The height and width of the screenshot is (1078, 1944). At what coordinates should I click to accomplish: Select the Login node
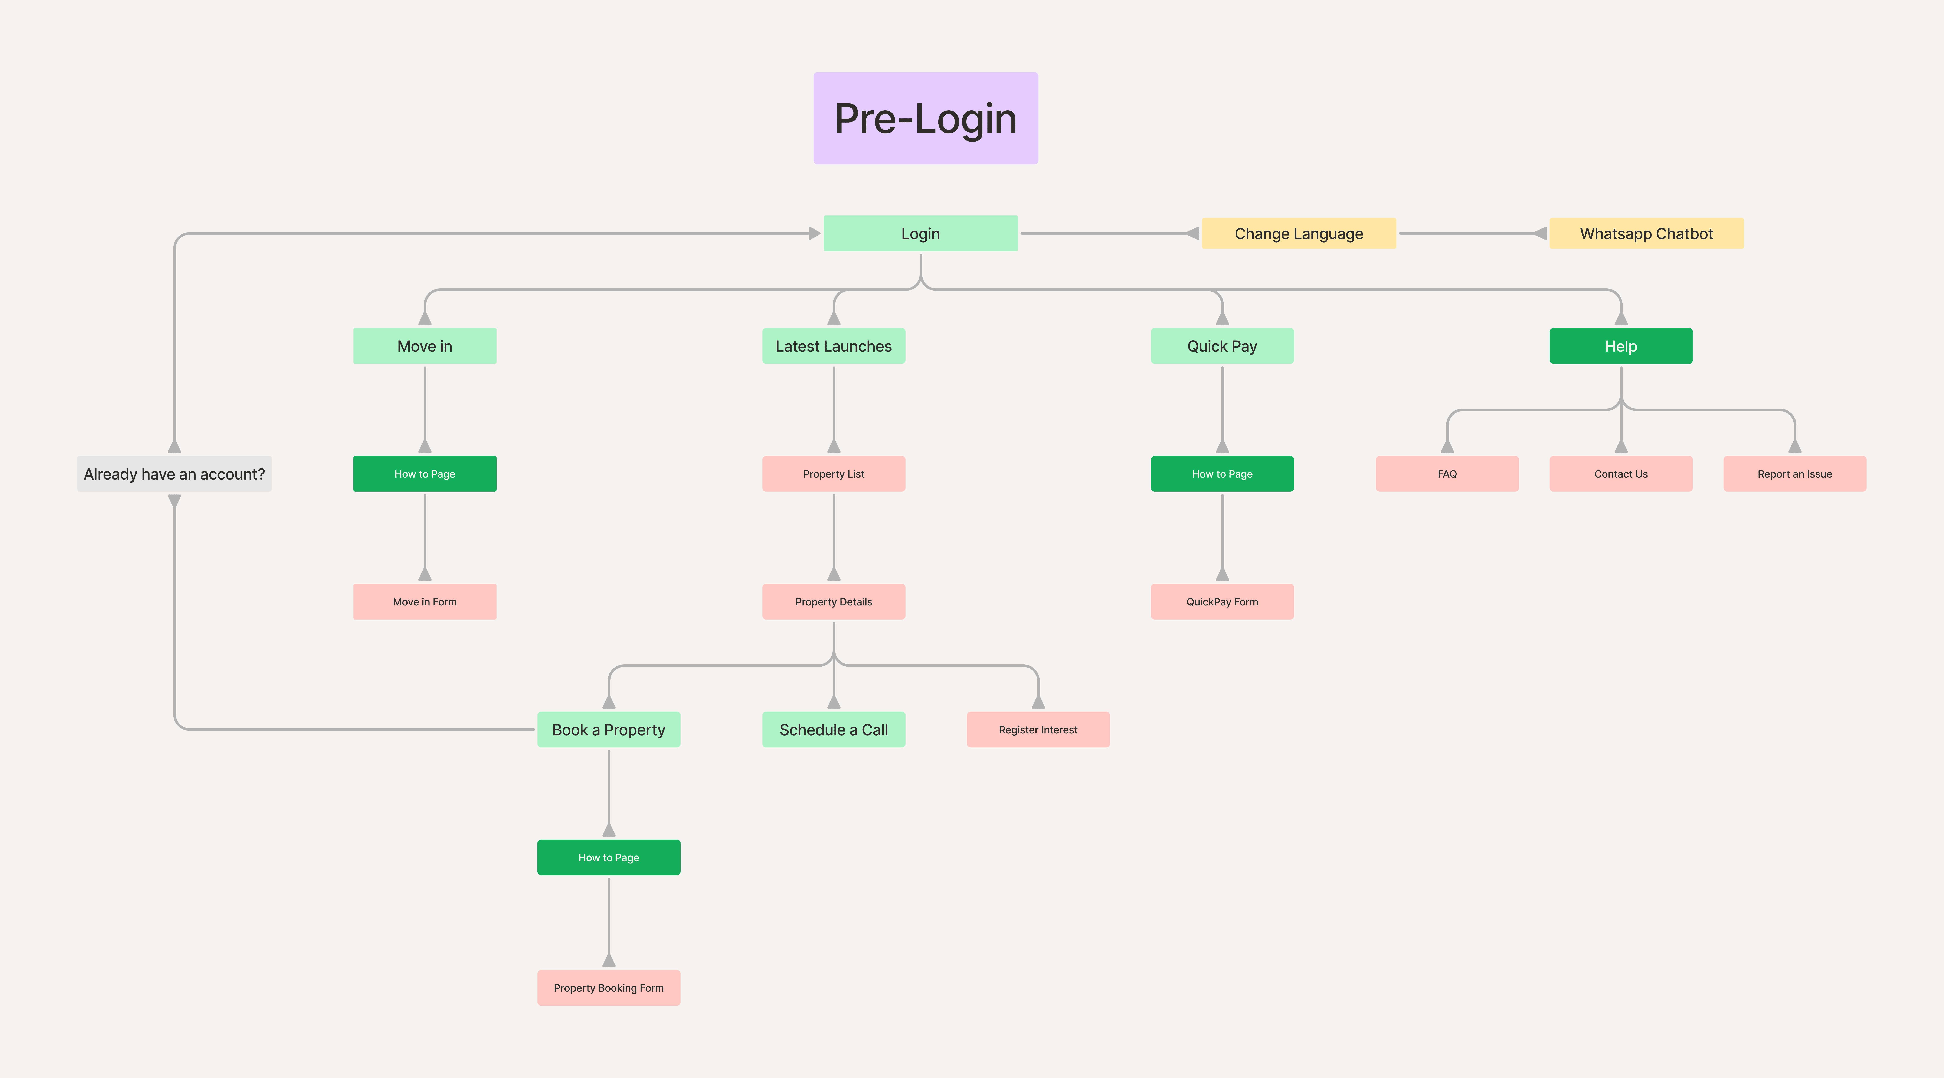click(921, 233)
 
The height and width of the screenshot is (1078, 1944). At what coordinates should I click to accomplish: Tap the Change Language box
click(1299, 233)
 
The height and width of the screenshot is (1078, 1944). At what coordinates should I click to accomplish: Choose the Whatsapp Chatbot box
click(1647, 233)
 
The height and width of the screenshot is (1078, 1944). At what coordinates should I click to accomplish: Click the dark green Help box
click(1621, 346)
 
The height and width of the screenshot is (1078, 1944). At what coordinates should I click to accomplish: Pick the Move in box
click(425, 346)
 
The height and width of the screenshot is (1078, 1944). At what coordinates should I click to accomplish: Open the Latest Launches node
click(834, 346)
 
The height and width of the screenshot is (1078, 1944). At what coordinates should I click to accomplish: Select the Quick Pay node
click(1223, 346)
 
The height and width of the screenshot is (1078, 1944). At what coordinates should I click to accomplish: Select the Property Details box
click(834, 602)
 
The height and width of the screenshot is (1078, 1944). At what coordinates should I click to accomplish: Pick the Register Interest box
click(1038, 729)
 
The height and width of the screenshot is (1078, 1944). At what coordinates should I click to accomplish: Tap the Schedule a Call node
click(834, 729)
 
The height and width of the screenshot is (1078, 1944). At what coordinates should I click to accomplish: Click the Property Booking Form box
click(609, 987)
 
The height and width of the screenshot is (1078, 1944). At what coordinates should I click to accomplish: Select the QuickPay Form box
click(1223, 602)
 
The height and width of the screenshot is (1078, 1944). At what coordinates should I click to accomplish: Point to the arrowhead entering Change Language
click(1192, 233)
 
